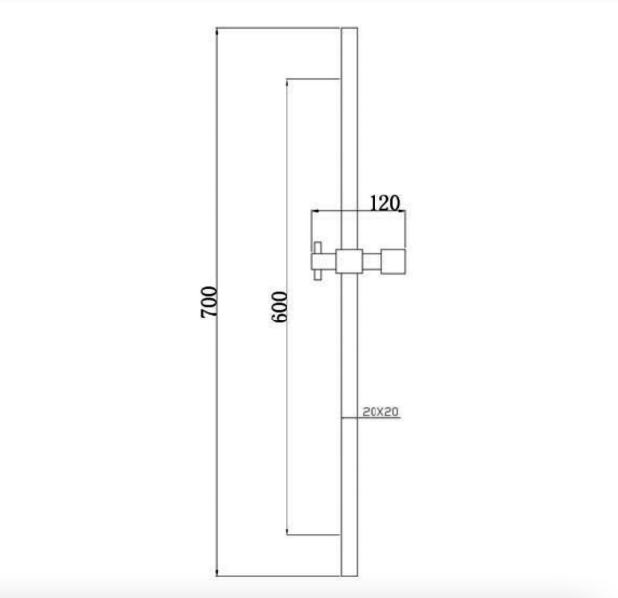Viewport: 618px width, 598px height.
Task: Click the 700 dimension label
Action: (x=209, y=302)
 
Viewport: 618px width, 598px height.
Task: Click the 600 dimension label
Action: (x=280, y=307)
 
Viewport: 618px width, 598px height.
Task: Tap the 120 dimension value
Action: (x=384, y=203)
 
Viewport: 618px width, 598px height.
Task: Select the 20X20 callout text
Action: (x=380, y=412)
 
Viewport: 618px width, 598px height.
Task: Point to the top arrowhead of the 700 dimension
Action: (x=217, y=31)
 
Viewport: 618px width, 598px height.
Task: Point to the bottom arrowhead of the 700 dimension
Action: (x=217, y=572)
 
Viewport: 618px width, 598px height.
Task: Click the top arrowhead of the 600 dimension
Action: (x=287, y=82)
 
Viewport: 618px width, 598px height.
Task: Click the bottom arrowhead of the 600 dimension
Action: (x=287, y=532)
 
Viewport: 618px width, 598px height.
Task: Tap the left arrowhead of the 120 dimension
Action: (x=315, y=211)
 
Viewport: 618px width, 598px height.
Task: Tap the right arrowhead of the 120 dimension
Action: (x=402, y=212)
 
